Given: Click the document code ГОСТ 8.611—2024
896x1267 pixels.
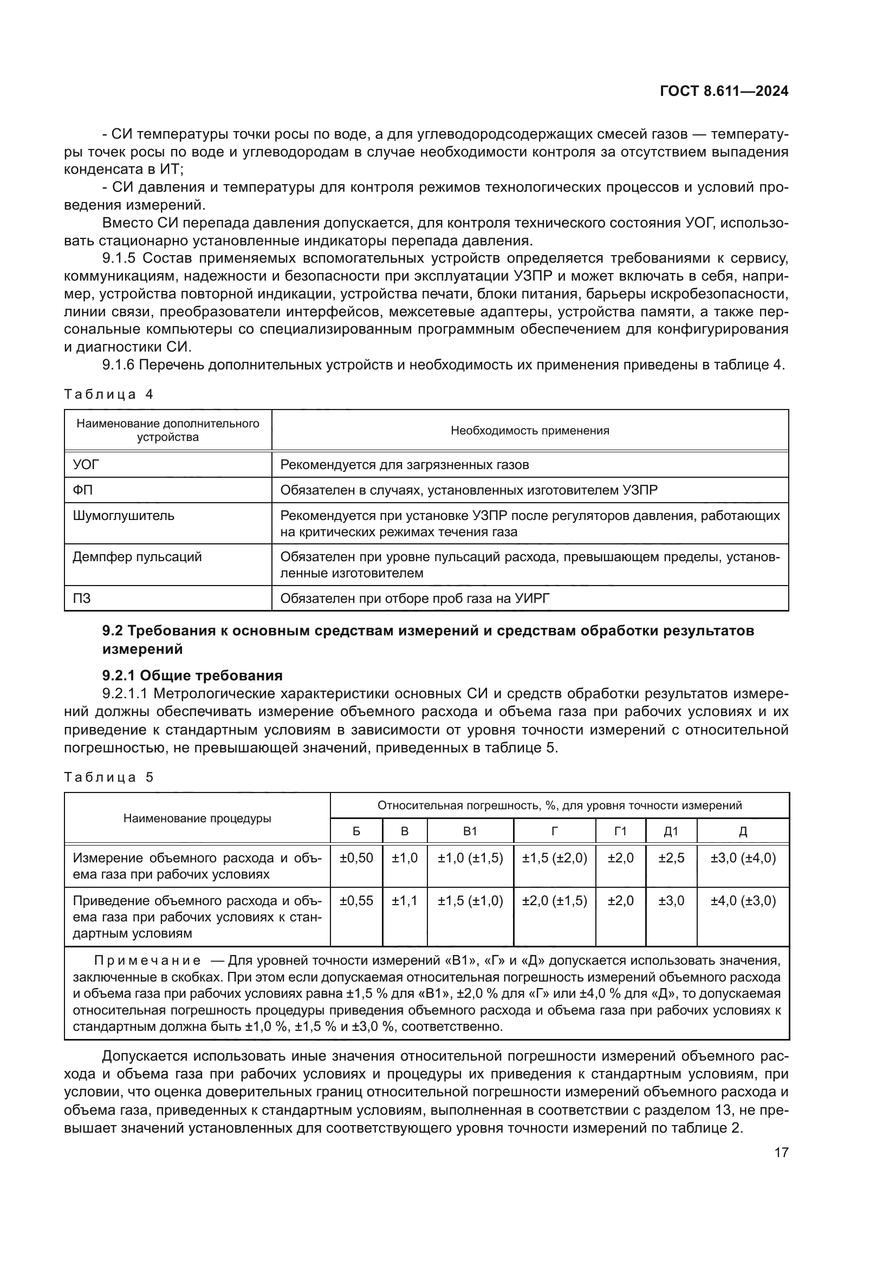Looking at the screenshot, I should (723, 92).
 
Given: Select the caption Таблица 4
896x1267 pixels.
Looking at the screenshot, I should (108, 394).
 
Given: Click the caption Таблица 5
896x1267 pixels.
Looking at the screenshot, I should (108, 777).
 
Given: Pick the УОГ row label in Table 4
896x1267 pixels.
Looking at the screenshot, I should (86, 465).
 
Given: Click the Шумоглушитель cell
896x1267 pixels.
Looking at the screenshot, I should (124, 516).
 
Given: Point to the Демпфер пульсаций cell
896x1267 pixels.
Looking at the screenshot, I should (137, 557).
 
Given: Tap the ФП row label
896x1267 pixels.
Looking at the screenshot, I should (82, 490).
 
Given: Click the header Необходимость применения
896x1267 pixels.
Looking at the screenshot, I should (530, 431).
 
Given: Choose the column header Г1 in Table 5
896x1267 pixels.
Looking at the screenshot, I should (620, 831).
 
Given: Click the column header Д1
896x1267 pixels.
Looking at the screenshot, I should (671, 831).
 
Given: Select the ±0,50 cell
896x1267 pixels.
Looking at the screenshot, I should (356, 858).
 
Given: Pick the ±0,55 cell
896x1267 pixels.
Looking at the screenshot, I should (356, 901).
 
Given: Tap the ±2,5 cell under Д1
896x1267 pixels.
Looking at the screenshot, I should (671, 858).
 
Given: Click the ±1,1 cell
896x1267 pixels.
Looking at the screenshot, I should (405, 901).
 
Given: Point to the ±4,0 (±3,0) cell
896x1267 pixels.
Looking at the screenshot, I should (743, 901).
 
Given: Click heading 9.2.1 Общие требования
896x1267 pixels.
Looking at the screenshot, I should (192, 675).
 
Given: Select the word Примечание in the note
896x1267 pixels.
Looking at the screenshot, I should (147, 961).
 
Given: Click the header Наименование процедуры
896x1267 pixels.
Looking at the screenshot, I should (197, 818).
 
